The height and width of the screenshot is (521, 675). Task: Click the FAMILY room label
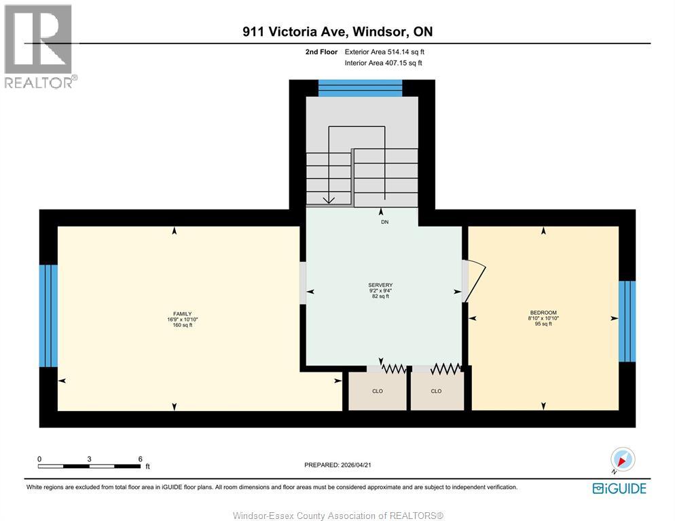coord(182,313)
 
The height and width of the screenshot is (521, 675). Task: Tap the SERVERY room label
coord(381,285)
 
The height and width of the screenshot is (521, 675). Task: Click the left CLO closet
coord(378,391)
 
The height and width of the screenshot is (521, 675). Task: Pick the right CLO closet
coord(436,391)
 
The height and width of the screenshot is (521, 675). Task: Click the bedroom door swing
coord(477,282)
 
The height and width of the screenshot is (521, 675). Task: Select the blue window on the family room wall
coord(48,315)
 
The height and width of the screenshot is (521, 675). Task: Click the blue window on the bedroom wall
coord(627,321)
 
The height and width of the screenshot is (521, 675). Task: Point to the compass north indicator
coord(622,460)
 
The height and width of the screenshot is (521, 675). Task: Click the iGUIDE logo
coord(619,488)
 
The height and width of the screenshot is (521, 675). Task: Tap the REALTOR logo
coord(39,46)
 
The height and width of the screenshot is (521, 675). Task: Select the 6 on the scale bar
coord(140,459)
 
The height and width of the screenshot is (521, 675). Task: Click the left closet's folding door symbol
coord(393,368)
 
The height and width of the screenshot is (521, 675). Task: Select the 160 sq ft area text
coord(182,325)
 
